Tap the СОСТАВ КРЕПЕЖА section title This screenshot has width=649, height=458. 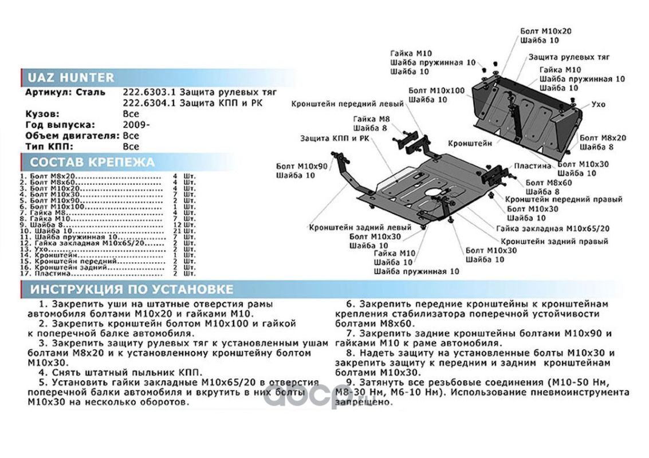[92, 162]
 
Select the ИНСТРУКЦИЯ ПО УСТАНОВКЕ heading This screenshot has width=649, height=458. [132, 289]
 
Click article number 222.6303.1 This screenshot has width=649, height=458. [150, 92]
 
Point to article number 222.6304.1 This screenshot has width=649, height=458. [150, 103]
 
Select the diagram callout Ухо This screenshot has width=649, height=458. [599, 105]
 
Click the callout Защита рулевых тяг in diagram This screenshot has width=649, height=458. [569, 57]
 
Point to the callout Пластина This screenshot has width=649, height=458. [533, 165]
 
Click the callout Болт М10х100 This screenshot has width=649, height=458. [436, 90]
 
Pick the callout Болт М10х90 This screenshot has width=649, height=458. [302, 166]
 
